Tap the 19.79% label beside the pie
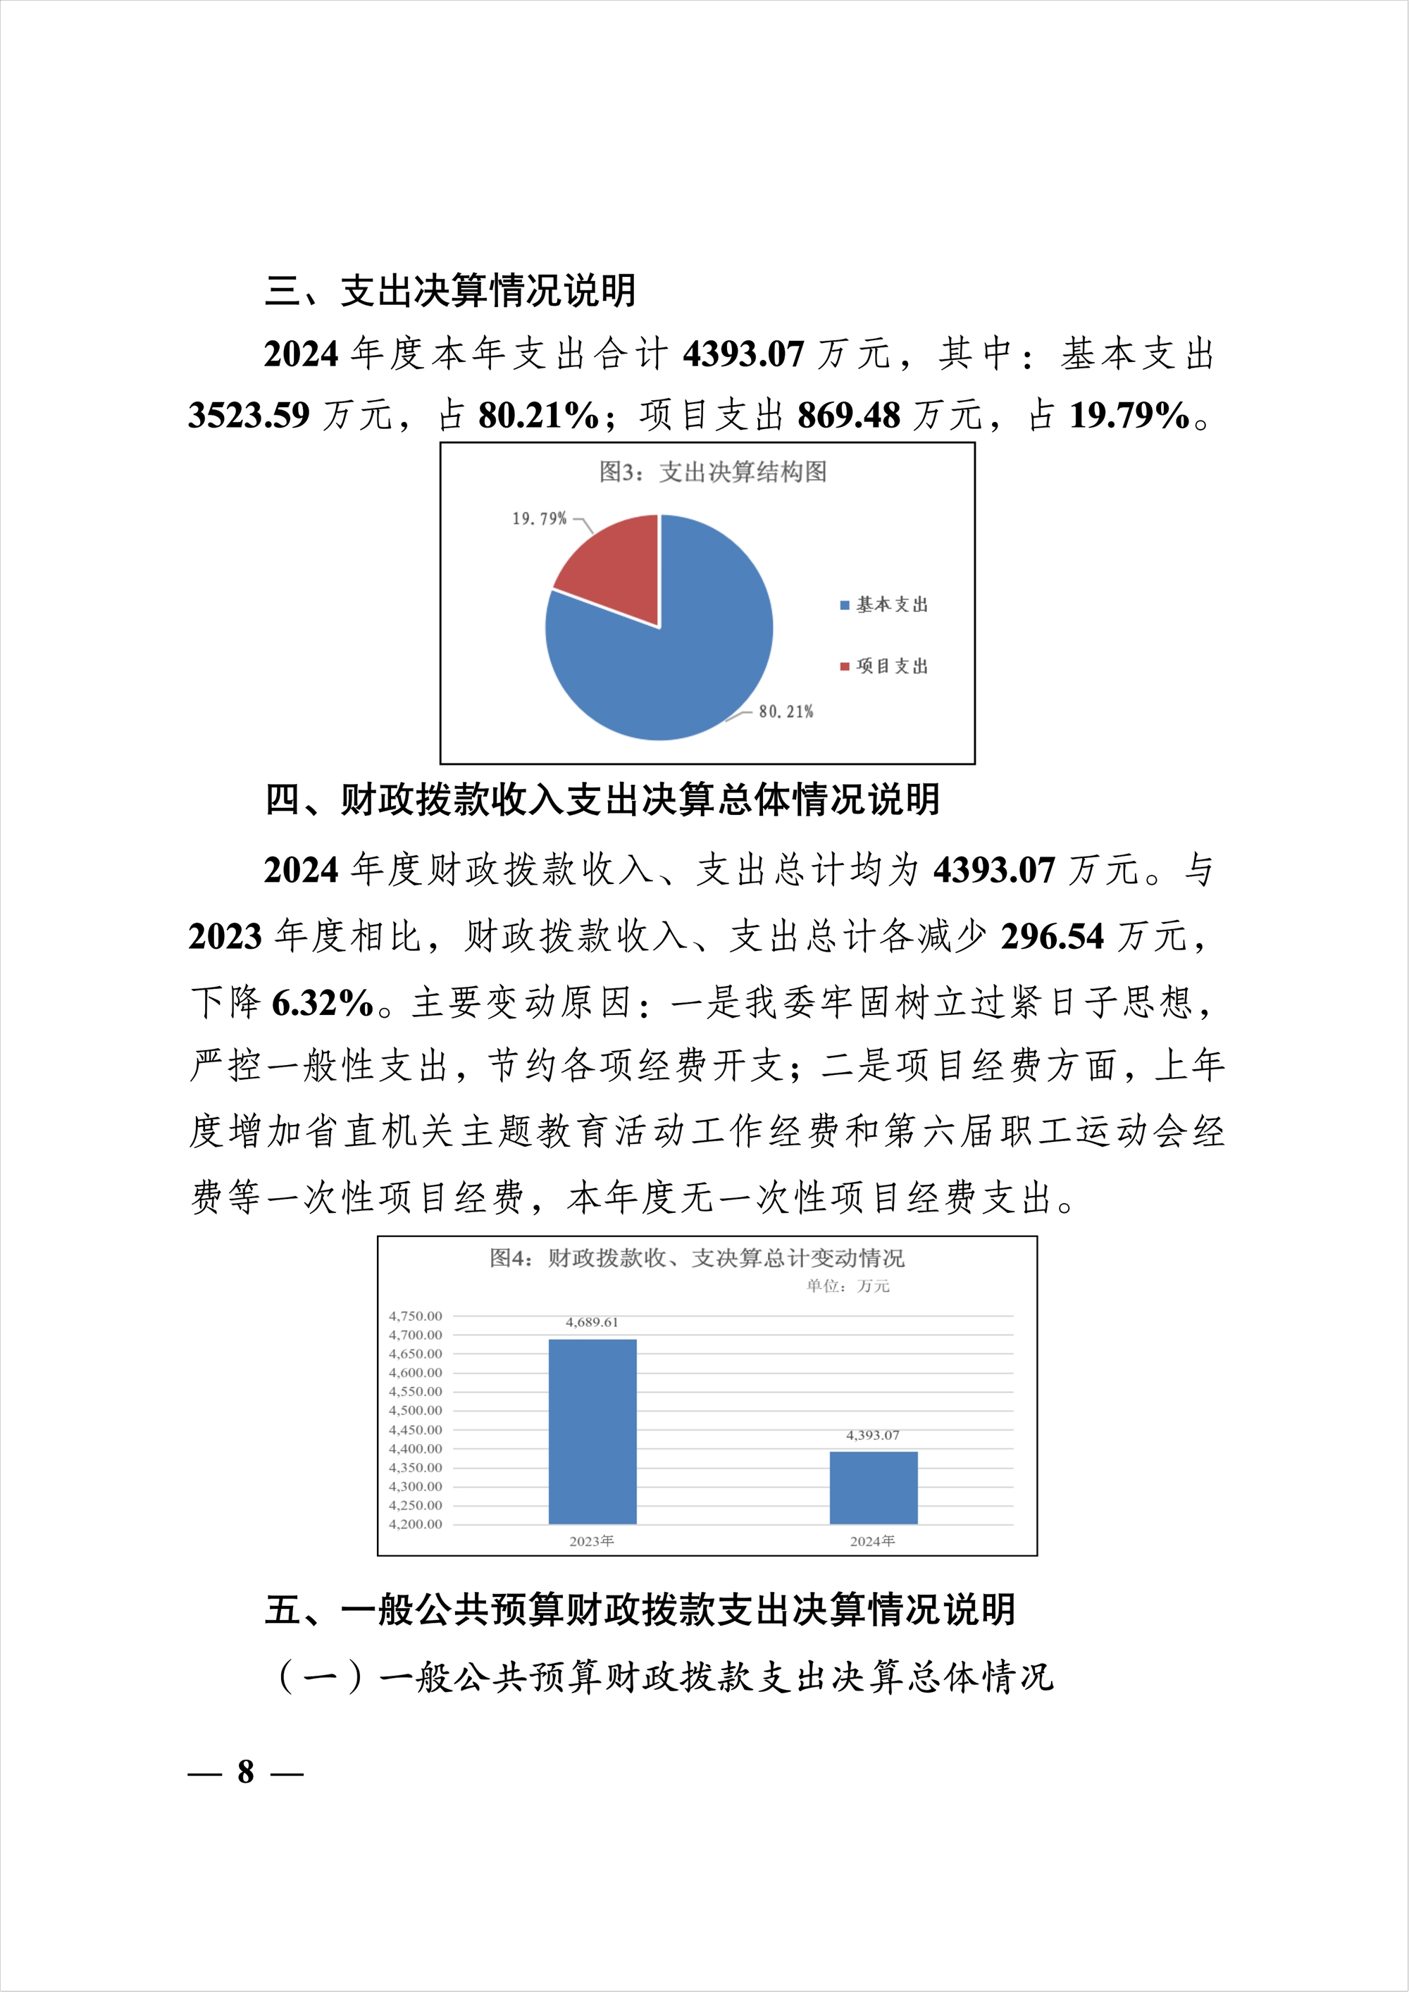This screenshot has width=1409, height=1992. pyautogui.click(x=539, y=519)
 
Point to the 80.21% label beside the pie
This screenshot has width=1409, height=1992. pyautogui.click(x=786, y=711)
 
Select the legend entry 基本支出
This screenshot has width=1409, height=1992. pyautogui.click(x=891, y=604)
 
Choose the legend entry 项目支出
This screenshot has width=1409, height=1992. pyautogui.click(x=891, y=666)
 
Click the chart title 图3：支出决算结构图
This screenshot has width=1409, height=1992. pyautogui.click(x=712, y=472)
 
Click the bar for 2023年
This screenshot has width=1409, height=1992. pyautogui.click(x=592, y=1431)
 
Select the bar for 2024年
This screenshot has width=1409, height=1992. pyautogui.click(x=873, y=1487)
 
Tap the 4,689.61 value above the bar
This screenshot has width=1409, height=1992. pyautogui.click(x=592, y=1322)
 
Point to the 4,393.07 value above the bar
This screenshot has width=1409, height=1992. pyautogui.click(x=873, y=1435)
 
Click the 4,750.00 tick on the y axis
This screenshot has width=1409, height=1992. pyautogui.click(x=415, y=1316)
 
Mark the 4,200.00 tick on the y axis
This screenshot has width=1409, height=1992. pyautogui.click(x=415, y=1524)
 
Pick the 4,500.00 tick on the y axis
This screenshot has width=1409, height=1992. pyautogui.click(x=415, y=1411)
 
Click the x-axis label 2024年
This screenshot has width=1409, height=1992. pyautogui.click(x=872, y=1541)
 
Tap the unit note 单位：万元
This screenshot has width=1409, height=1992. pyautogui.click(x=848, y=1286)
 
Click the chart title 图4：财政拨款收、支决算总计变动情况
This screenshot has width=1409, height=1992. pyautogui.click(x=697, y=1258)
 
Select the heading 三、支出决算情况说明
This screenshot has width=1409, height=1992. pyautogui.click(x=450, y=291)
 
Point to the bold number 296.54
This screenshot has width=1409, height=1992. pyautogui.click(x=1052, y=937)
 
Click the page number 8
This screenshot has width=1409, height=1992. pyautogui.click(x=246, y=1771)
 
